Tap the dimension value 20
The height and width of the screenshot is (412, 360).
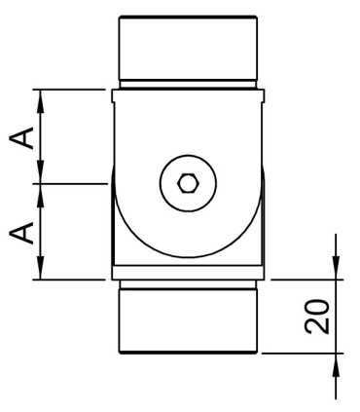[317, 317]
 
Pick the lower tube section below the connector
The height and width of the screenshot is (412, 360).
[188, 319]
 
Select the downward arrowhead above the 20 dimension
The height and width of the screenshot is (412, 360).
[336, 270]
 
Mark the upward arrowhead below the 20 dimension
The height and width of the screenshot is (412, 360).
[336, 362]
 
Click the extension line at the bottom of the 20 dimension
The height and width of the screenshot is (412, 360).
[302, 354]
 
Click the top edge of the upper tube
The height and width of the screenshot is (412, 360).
[188, 17]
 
